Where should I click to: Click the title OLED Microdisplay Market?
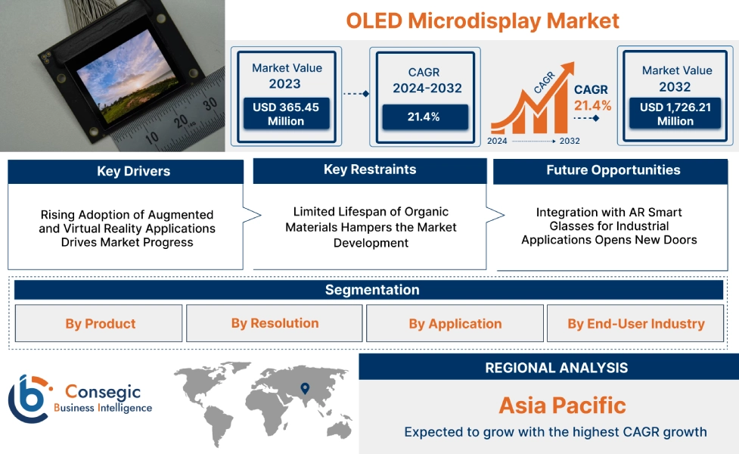[483, 20]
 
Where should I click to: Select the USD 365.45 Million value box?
[286, 114]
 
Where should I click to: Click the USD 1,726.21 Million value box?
[675, 114]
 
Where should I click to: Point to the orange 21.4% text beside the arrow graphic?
[592, 104]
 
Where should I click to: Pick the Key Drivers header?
[126, 171]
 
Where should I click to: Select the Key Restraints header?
[370, 169]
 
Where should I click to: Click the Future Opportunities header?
[613, 170]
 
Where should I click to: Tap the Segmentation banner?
[372, 290]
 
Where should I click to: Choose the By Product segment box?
[100, 324]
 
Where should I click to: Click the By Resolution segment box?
[275, 323]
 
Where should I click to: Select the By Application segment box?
[455, 324]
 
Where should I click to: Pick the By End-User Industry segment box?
[636, 324]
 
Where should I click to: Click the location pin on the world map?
[305, 389]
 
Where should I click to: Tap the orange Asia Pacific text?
[562, 405]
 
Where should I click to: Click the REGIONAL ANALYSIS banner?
[556, 368]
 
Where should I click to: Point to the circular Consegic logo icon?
[28, 398]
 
